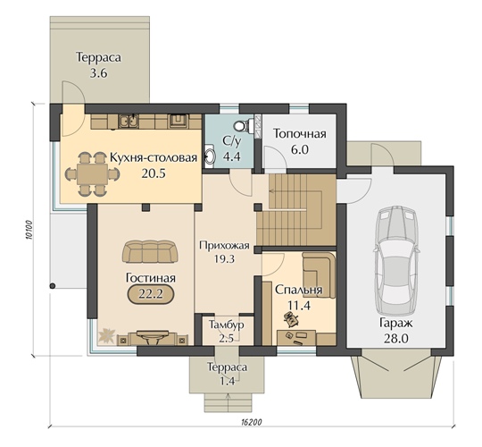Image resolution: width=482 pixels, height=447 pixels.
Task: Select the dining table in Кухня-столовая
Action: (x=92, y=174)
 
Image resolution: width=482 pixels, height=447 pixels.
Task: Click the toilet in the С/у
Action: (x=243, y=125)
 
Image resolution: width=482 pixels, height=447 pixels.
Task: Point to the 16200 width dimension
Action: (x=251, y=422)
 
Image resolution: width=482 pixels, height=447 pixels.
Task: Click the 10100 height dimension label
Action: (x=29, y=230)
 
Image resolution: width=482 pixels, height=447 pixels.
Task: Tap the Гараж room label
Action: (x=396, y=323)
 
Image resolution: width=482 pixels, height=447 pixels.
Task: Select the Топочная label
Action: (x=300, y=134)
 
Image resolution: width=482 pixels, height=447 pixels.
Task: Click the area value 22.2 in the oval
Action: (x=150, y=294)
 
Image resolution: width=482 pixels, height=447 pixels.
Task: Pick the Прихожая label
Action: (x=224, y=246)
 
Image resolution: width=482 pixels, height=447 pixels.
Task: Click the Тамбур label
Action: (x=227, y=325)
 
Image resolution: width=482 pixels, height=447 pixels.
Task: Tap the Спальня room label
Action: (x=298, y=290)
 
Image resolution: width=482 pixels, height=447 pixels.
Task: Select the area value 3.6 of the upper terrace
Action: (x=98, y=73)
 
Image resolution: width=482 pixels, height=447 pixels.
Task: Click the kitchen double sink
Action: (x=129, y=121)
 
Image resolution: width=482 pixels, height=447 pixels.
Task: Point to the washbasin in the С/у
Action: (x=210, y=156)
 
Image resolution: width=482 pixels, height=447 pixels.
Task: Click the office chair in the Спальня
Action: (x=291, y=317)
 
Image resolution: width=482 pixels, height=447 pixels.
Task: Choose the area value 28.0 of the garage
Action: (x=396, y=339)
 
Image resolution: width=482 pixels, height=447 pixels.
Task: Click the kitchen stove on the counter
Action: (x=178, y=121)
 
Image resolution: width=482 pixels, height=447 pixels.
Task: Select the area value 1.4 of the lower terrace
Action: (x=227, y=382)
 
